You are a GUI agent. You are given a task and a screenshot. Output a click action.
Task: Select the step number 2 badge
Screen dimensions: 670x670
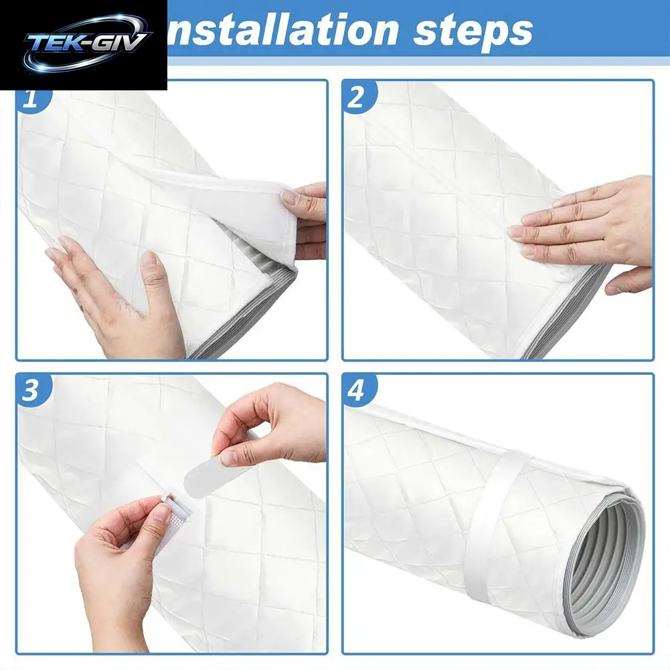(358, 98)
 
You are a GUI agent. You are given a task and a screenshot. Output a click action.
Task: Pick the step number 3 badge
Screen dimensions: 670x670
(33, 390)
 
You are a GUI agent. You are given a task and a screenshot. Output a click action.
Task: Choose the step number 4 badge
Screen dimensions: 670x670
(358, 390)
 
